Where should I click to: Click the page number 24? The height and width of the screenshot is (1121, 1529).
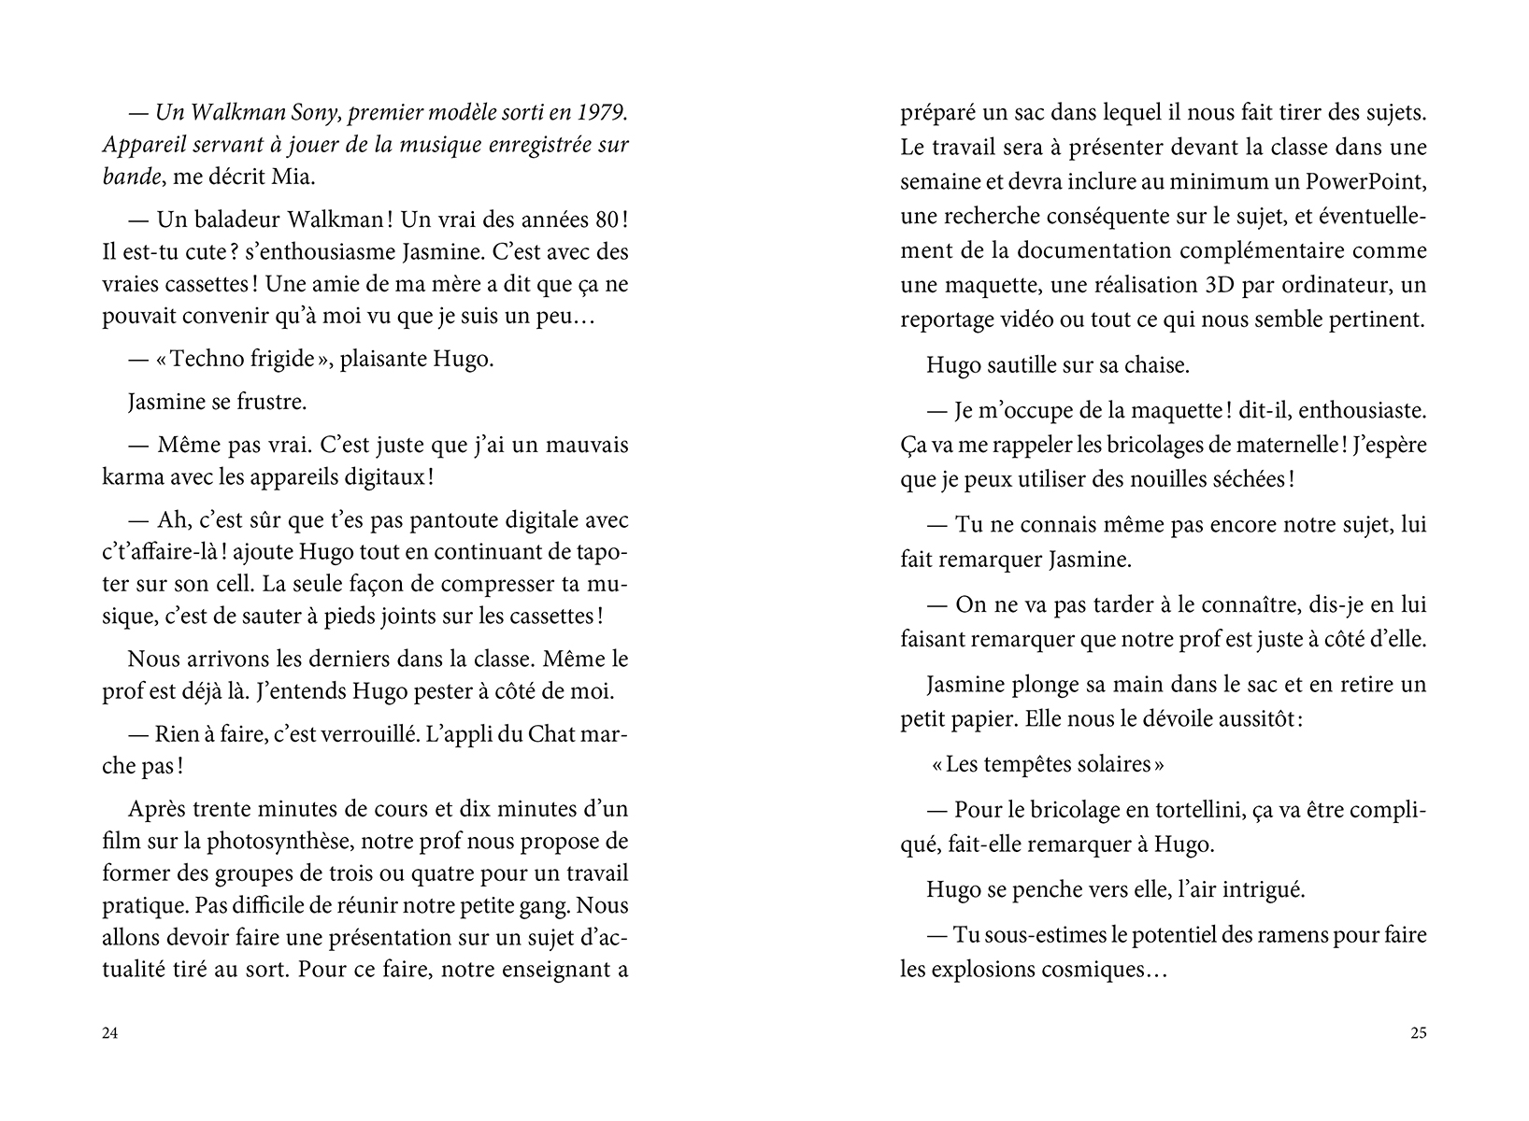pyautogui.click(x=109, y=1033)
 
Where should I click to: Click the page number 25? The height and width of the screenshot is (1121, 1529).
pyautogui.click(x=1418, y=1033)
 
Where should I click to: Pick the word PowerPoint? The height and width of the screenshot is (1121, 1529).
pyautogui.click(x=1367, y=181)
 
